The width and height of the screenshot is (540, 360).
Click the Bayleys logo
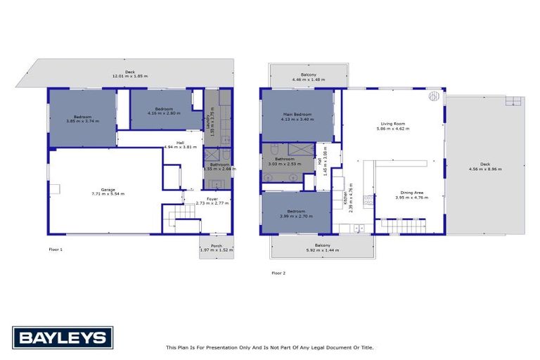(x=62, y=337)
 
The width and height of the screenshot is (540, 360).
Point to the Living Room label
(x=392, y=124)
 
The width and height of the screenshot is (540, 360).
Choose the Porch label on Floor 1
(x=217, y=245)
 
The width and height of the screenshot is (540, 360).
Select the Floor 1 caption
(x=56, y=249)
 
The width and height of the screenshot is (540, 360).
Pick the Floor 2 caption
(x=278, y=272)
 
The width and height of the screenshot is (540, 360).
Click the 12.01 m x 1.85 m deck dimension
(x=129, y=76)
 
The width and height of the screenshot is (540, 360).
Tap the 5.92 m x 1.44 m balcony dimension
(x=323, y=250)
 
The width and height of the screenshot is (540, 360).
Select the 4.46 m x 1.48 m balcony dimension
(x=308, y=79)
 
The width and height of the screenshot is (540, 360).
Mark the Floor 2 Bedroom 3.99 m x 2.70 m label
(x=295, y=212)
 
